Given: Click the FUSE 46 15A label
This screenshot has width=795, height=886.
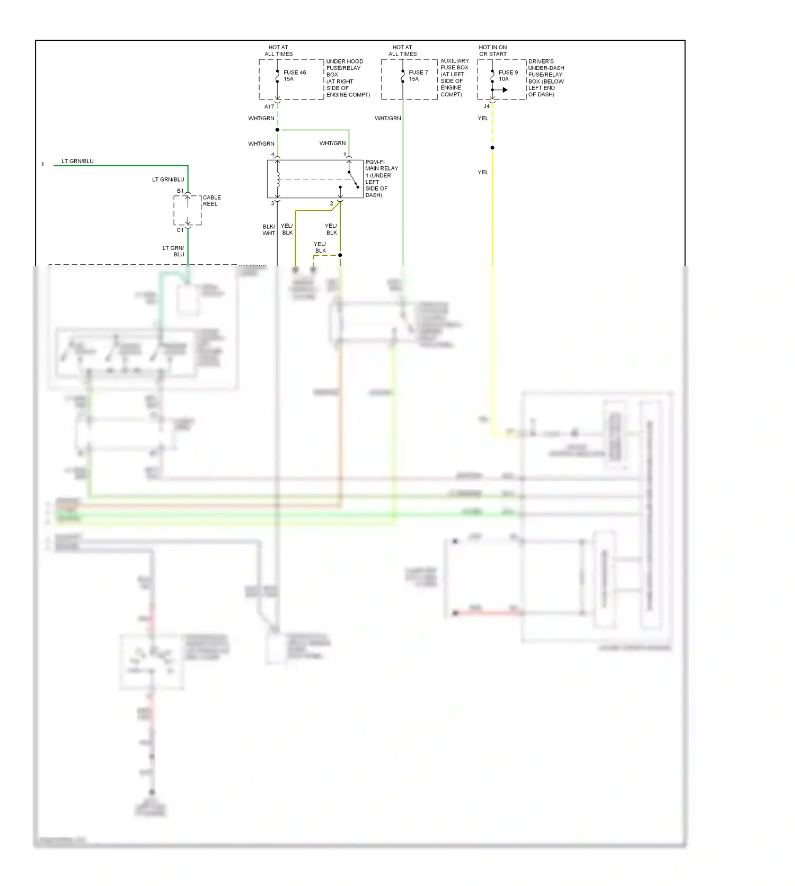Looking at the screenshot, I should pos(294,76).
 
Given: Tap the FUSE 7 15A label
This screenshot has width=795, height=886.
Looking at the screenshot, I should pos(418,76).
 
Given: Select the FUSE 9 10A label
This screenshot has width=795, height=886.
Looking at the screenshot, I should pos(508,76).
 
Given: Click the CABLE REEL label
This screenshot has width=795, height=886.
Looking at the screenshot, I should pos(211,201).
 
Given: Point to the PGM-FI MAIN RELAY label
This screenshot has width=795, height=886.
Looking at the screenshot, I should pos(381,178).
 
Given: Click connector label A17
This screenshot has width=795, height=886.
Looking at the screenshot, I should pos(269,106).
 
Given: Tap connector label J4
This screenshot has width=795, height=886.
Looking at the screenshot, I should pos(486,106).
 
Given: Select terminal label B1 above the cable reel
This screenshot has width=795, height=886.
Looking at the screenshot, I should pos(180,191).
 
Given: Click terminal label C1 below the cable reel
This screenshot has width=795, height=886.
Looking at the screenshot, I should pos(180,230).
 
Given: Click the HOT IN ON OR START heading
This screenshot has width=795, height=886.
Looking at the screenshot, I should pos(493,51).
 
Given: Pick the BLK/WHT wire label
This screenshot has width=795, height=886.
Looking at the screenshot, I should pos(269,230).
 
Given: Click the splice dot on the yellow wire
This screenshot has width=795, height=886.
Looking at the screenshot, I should pos(492,148).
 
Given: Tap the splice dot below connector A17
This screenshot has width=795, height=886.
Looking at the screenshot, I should pos(277,130).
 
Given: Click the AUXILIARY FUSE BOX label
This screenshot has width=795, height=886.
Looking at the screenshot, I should pos(454,77).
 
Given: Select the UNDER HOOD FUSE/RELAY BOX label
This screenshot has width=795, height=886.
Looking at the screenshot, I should pos(348,78).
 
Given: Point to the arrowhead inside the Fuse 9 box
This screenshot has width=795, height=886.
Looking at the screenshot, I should pos(505,90).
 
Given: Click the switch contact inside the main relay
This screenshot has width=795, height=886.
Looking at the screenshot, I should pos(353,179).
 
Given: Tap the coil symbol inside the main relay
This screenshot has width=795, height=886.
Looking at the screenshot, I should pos(277,179).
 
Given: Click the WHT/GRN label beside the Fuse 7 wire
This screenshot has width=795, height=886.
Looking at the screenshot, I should pos(387,118).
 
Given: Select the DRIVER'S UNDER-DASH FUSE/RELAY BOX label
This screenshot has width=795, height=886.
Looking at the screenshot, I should pos(546,78).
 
